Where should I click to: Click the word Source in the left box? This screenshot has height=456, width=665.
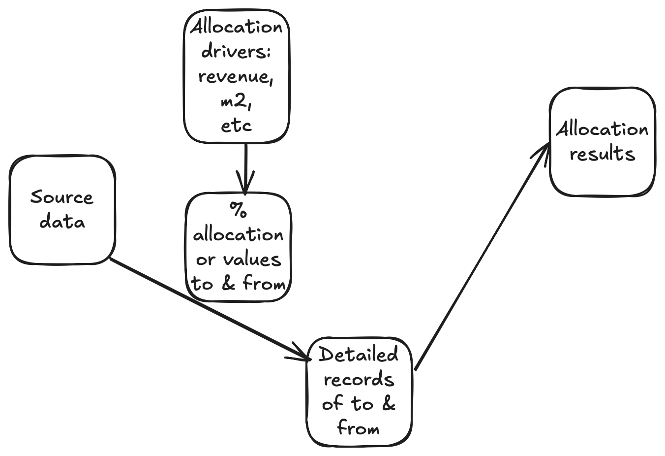tap(61, 197)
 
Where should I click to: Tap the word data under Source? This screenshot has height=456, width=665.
tap(62, 222)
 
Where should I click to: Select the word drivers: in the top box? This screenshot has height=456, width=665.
tap(236, 52)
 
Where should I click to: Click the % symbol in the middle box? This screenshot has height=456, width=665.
tap(238, 210)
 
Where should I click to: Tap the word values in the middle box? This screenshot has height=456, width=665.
tap(252, 259)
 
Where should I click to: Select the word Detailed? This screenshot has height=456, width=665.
tap(359, 355)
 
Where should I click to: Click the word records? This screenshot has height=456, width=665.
tap(359, 380)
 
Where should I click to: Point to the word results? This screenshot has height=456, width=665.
tap(602, 154)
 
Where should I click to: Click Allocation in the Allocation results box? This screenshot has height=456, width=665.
tap(602, 130)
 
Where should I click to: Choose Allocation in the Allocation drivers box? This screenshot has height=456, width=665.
tap(237, 27)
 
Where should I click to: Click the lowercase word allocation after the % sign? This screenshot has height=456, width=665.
tap(238, 235)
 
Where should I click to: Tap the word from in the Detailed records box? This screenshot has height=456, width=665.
tap(359, 428)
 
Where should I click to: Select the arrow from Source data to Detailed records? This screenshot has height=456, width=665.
tap(207, 308)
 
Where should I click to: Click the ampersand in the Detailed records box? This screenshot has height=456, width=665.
tap(388, 404)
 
